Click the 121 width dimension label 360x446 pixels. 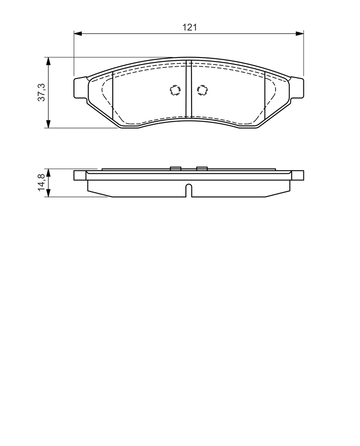[x=189, y=27]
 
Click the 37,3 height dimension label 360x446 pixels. [x=42, y=92]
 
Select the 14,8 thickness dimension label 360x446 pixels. [x=41, y=182]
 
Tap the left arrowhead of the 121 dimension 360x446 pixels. [x=77, y=34]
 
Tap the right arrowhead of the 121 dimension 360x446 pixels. [x=299, y=34]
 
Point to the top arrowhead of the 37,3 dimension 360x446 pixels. [x=48, y=61]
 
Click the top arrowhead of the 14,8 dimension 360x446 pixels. [x=48, y=172]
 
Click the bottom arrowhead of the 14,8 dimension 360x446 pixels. [x=48, y=193]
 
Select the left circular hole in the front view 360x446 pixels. [x=175, y=90]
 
